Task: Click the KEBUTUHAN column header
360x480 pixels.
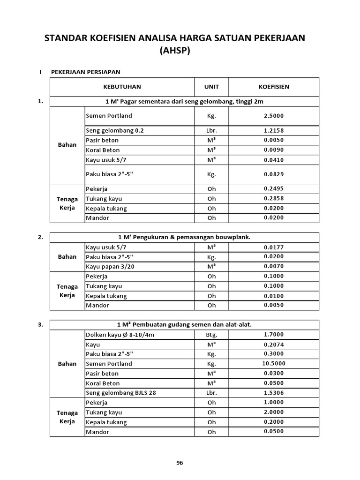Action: click(x=122, y=87)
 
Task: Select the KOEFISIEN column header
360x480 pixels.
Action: click(x=274, y=87)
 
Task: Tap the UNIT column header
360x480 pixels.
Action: click(x=211, y=87)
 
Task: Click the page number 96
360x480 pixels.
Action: click(x=180, y=463)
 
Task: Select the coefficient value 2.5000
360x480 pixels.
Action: click(x=274, y=116)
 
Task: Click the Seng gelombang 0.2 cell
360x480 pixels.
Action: click(x=115, y=130)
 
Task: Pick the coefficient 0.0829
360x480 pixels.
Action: click(x=274, y=174)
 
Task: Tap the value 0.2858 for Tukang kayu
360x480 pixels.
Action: click(x=274, y=199)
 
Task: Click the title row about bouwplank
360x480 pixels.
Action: click(x=184, y=237)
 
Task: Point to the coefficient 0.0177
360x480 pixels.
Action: click(x=274, y=247)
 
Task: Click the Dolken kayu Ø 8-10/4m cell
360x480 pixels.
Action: click(x=120, y=335)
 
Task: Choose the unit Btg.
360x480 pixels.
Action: click(x=211, y=335)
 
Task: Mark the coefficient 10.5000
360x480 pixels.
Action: click(x=274, y=364)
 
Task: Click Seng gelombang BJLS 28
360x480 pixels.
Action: click(x=120, y=393)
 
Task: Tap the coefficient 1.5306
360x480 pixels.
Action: click(x=274, y=393)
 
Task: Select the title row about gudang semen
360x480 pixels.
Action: click(x=184, y=324)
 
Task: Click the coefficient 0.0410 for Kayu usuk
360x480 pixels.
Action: click(x=274, y=160)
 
